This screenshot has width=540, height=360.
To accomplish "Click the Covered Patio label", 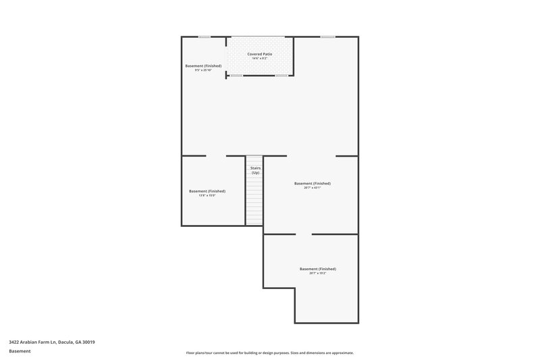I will [260, 53].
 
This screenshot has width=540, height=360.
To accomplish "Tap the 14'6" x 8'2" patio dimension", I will [260, 58].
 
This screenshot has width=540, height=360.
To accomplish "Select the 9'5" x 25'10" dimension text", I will [203, 70].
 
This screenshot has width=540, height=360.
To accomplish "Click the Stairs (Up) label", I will [255, 170].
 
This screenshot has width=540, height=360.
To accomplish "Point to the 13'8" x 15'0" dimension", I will [207, 195].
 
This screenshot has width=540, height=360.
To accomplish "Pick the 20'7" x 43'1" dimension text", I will [312, 188].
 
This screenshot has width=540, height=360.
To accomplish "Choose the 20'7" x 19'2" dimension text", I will [317, 273].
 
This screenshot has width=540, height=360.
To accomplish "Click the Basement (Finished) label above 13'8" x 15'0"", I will [207, 190].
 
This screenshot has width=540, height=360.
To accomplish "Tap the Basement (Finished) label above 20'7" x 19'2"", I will [317, 268].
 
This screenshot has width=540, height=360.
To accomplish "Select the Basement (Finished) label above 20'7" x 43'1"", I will [312, 183].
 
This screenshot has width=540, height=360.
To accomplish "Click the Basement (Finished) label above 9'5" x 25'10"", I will [203, 66].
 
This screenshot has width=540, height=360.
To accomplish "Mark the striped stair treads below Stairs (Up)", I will [254, 203].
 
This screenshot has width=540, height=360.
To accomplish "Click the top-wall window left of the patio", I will [205, 36].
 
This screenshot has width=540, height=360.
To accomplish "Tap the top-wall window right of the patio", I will [327, 36].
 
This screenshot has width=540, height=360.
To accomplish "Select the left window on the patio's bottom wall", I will [236, 76].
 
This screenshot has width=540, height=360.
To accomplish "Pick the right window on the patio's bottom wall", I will [281, 76].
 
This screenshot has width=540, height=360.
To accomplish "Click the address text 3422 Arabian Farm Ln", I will [51, 342].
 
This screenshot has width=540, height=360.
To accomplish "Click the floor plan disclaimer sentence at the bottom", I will [270, 353].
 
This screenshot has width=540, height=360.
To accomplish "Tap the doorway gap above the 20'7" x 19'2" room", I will [304, 234].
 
